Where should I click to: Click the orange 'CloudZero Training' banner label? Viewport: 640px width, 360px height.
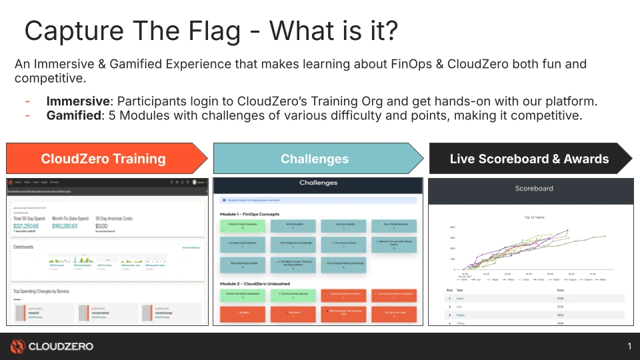pos(103,159)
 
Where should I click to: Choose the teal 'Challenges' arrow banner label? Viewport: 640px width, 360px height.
pos(314,159)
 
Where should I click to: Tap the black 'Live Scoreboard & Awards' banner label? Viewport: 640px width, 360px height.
pos(529,159)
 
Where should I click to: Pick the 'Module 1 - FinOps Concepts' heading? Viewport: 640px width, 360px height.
pos(249,214)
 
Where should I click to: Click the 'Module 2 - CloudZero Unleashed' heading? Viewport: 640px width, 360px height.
pos(255,283)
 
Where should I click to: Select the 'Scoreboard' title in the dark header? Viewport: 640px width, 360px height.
pos(534,189)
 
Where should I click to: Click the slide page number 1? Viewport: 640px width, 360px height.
pos(629,346)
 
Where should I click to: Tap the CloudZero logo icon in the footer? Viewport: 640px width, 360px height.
pos(17,346)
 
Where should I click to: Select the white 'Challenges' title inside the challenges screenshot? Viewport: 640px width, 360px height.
pos(318,183)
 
